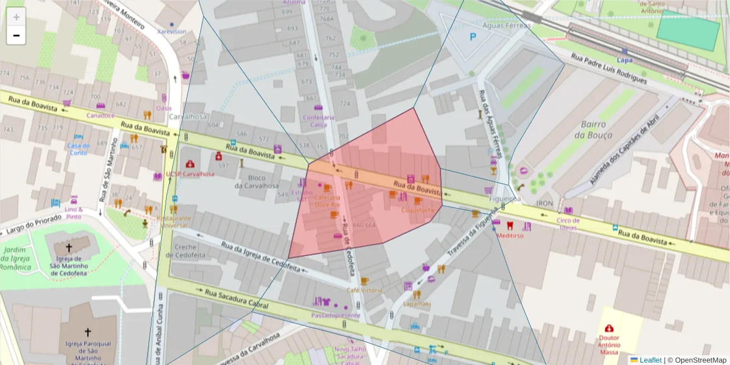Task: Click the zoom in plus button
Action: click(16, 17)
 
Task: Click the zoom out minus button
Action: click(16, 36)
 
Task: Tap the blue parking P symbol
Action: click(473, 37)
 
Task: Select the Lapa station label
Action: click(624, 60)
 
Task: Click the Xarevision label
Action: click(172, 32)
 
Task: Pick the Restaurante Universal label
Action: click(173, 221)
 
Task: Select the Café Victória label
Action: click(364, 290)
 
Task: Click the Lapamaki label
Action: click(417, 304)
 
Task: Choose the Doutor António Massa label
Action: click(609, 345)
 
